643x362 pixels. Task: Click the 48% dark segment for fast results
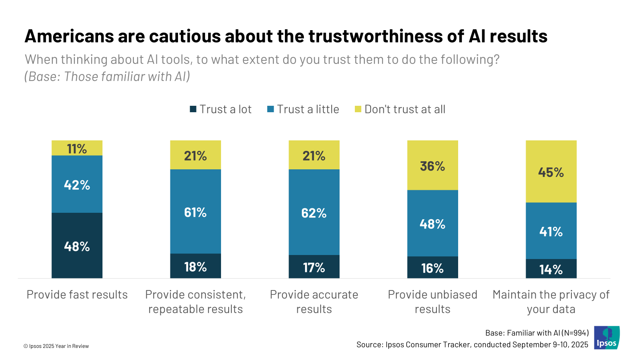pyautogui.click(x=77, y=245)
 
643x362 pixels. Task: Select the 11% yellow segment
pyautogui.click(x=77, y=148)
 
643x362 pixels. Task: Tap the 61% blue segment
pyautogui.click(x=195, y=212)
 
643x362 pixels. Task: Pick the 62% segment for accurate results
pyautogui.click(x=314, y=212)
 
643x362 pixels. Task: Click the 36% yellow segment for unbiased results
pyautogui.click(x=432, y=165)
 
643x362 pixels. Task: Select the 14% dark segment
pyautogui.click(x=551, y=269)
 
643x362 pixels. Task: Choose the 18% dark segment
pyautogui.click(x=195, y=266)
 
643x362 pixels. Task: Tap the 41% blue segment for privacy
pyautogui.click(x=551, y=231)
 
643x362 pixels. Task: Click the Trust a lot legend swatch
pyautogui.click(x=193, y=109)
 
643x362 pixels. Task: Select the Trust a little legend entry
pyautogui.click(x=303, y=109)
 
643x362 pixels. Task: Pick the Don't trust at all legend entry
pyautogui.click(x=400, y=109)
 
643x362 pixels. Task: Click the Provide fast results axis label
pyautogui.click(x=77, y=295)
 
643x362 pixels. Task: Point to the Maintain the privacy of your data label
pyautogui.click(x=551, y=302)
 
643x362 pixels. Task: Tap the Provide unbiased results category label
pyautogui.click(x=432, y=302)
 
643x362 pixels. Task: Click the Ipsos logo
pyautogui.click(x=607, y=337)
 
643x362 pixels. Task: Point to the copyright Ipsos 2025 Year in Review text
pyautogui.click(x=56, y=346)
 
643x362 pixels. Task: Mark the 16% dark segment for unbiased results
pyautogui.click(x=432, y=267)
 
